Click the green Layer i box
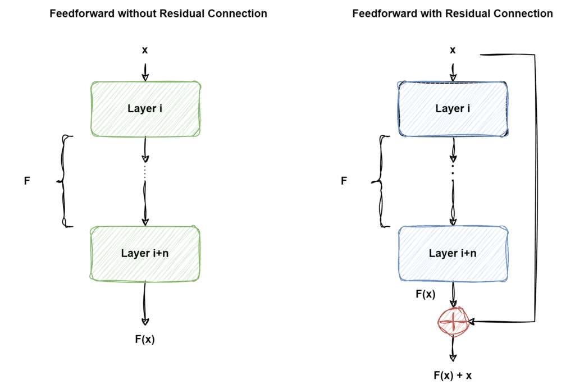145,109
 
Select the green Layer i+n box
145,254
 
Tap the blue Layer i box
453,109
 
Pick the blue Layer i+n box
453,254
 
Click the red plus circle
453,322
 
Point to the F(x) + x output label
453,376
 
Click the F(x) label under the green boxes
145,339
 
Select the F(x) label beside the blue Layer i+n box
426,294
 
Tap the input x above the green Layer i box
145,50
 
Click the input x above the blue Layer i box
453,50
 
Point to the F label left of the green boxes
27,181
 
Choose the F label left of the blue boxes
344,181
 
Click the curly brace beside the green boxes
65,181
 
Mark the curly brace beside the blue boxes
381,181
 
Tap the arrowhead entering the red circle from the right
471,322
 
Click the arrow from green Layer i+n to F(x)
145,303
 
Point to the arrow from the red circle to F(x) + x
453,348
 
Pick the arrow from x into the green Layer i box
145,72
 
